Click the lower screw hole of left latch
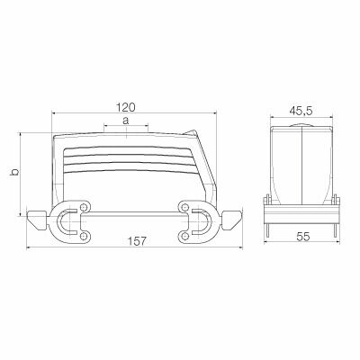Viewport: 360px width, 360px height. [x=83, y=236]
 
